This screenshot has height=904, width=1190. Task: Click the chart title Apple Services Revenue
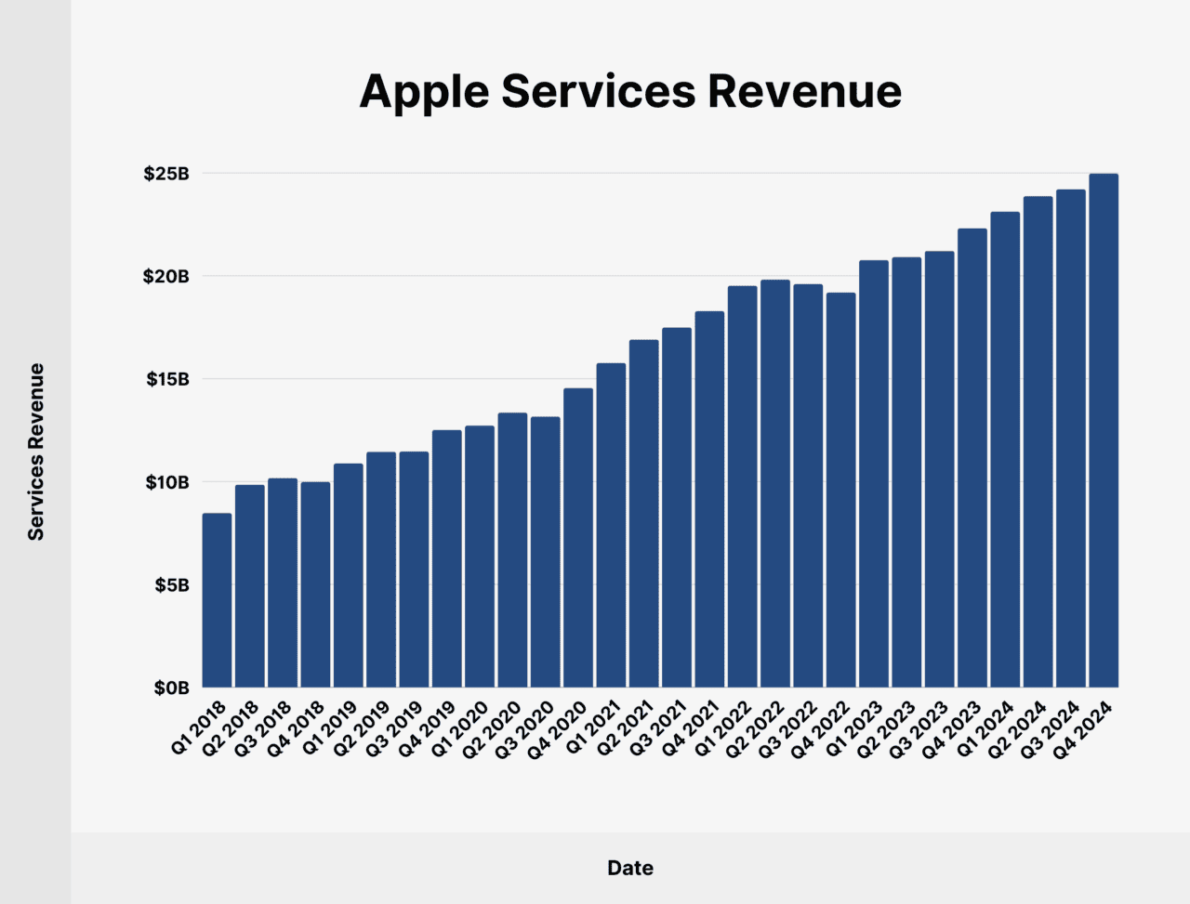coord(630,91)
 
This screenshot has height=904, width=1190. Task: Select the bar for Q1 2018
coord(217,600)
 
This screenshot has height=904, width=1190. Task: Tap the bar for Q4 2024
coord(1104,430)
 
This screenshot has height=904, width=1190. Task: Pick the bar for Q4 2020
coord(578,537)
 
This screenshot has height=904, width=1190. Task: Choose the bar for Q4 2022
coord(840,490)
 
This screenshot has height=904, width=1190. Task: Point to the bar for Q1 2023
coord(874,474)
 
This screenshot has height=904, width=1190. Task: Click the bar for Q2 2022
coord(775,483)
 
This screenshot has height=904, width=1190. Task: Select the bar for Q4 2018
coord(315,584)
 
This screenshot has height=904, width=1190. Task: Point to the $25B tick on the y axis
coord(166,174)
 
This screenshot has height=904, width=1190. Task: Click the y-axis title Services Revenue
coord(36,452)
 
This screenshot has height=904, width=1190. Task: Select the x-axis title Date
coord(630,868)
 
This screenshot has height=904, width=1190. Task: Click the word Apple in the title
coord(424,91)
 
